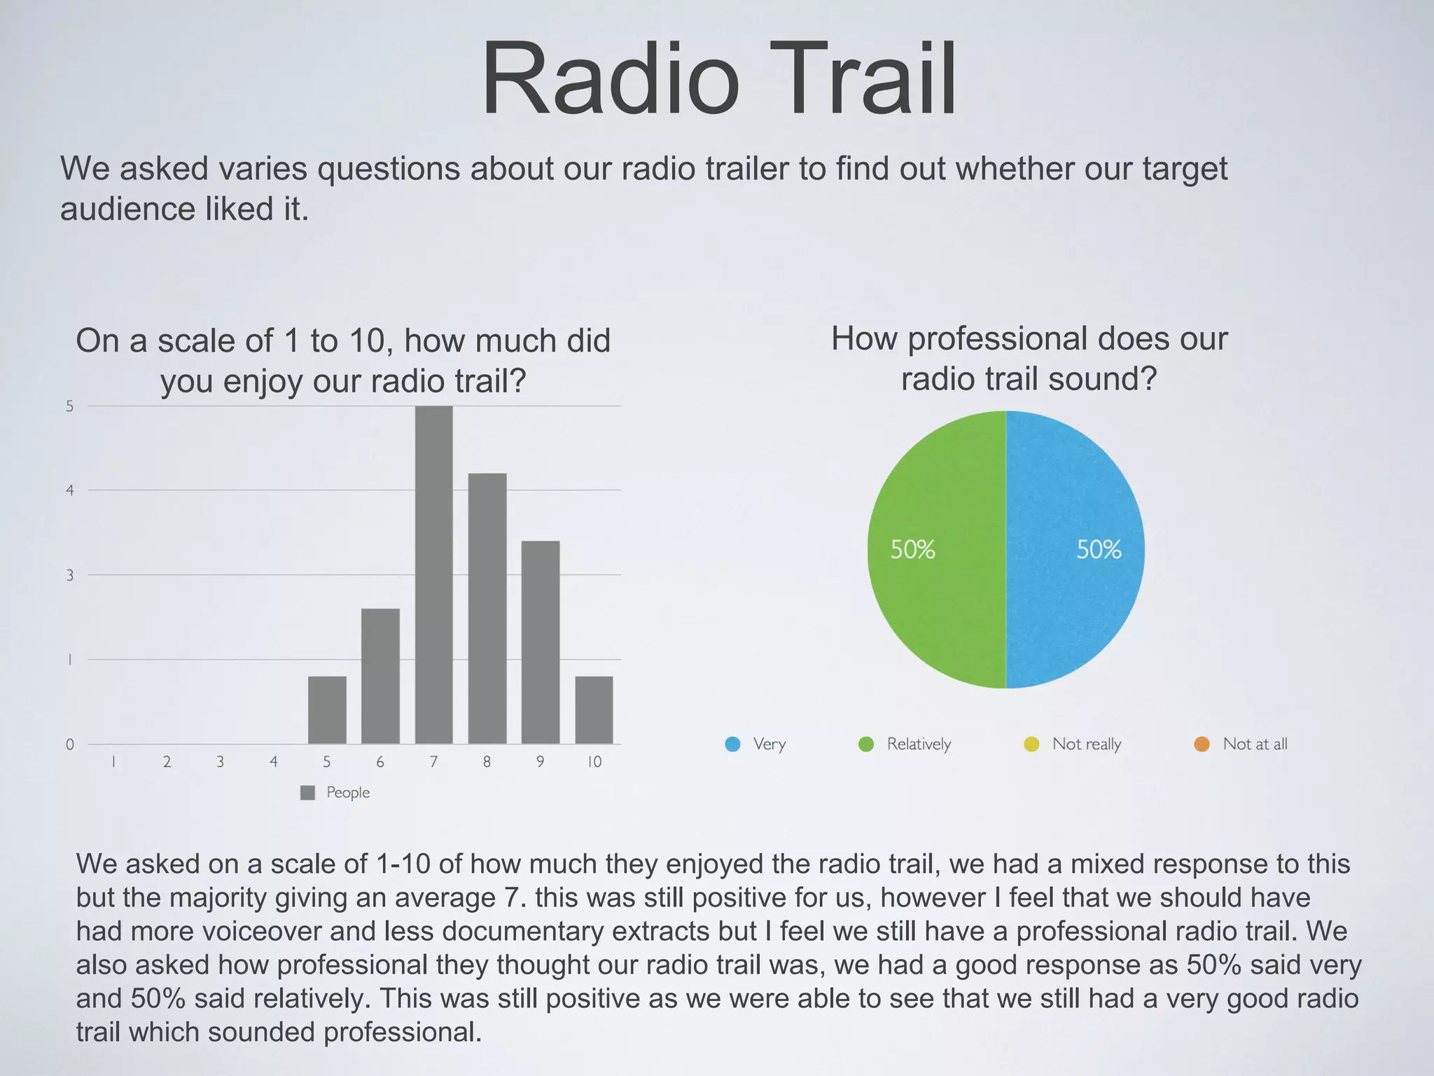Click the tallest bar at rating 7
(433, 574)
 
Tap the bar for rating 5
(327, 710)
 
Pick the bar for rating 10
(594, 710)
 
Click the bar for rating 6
(380, 676)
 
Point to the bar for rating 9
(540, 642)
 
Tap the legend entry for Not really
(1086, 744)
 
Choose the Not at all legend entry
(1254, 744)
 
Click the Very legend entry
(769, 744)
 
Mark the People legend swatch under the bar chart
(307, 792)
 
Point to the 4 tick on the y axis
(70, 490)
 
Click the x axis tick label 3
(220, 762)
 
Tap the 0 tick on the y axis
(70, 745)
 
